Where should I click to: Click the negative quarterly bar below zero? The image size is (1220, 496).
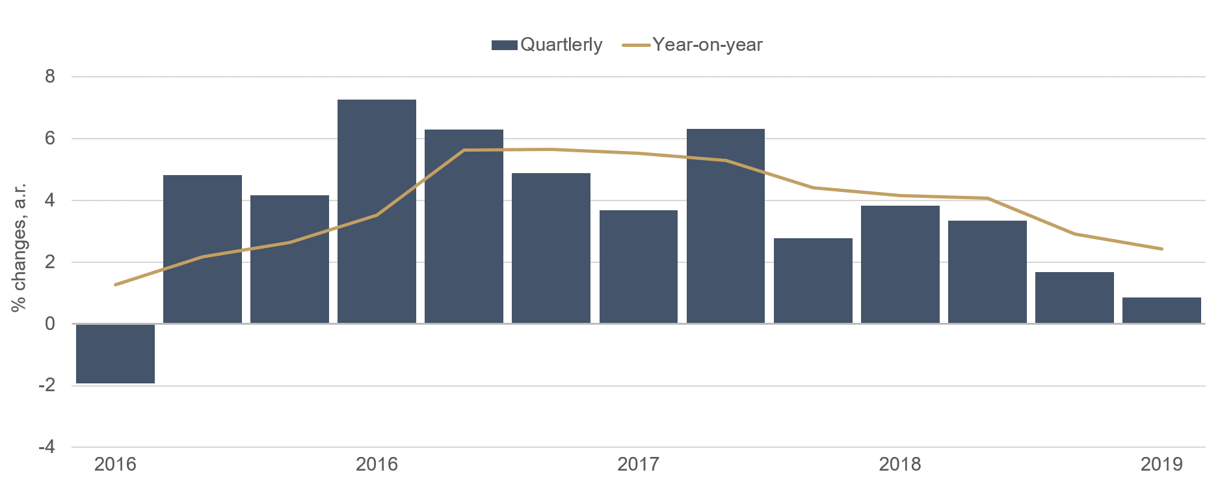pos(115,353)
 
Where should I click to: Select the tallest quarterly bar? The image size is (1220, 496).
pos(377,212)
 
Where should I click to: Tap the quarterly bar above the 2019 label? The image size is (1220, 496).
pos(1161,310)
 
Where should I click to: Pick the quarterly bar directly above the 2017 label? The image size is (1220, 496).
pos(638,267)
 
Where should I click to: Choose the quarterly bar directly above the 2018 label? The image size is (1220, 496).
pos(900,264)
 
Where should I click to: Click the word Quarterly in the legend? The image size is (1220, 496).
pos(561,45)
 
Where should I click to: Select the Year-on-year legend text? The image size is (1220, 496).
pos(708,45)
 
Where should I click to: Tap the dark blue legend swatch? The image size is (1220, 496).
pos(504,45)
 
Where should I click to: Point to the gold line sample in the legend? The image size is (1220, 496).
pos(636,45)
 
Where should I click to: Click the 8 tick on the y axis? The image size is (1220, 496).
pos(50,77)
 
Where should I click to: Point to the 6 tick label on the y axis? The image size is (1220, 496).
pos(50,139)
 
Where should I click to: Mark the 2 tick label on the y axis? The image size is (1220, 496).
pos(50,262)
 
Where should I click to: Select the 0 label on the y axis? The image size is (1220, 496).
pos(50,324)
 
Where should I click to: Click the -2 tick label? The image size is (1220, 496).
pos(47,386)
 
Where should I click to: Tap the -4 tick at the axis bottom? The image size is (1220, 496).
pos(47,448)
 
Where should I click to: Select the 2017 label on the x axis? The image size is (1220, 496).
pos(638,465)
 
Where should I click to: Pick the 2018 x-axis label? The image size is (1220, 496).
pos(900,465)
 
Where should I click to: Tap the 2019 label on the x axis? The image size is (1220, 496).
pos(1161,465)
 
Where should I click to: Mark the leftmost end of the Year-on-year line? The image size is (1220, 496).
pos(116,284)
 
